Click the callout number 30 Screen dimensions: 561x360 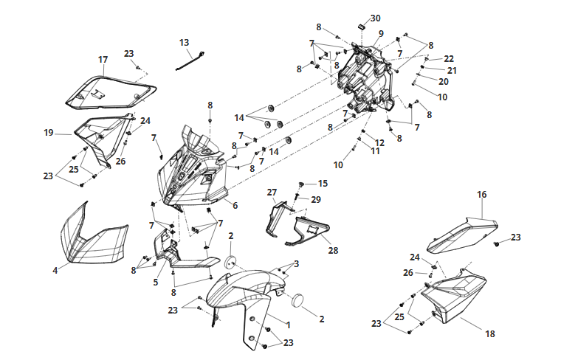click(x=375, y=18)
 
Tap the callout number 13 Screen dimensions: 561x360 click(x=184, y=43)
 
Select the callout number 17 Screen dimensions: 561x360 click(x=103, y=60)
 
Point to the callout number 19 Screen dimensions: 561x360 click(x=48, y=133)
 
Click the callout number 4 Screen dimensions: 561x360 click(x=55, y=271)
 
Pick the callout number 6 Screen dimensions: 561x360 click(x=235, y=206)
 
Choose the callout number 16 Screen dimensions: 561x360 click(x=482, y=195)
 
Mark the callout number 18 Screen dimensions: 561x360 click(x=490, y=334)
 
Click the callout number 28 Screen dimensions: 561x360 click(x=333, y=251)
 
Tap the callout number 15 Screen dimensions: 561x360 click(x=323, y=184)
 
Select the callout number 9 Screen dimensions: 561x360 click(x=381, y=34)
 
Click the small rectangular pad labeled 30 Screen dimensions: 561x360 click(x=362, y=26)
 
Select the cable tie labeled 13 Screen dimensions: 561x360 click(x=190, y=60)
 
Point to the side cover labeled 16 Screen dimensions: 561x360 click(x=461, y=235)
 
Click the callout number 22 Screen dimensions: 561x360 click(x=449, y=58)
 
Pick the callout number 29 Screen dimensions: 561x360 click(x=316, y=199)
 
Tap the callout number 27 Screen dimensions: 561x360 click(x=272, y=193)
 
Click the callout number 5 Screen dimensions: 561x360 click(x=156, y=283)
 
